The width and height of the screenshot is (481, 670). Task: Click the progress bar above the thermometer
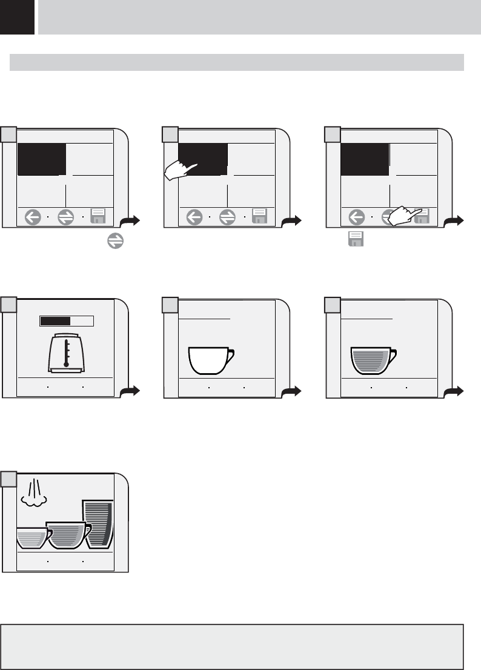tap(66, 321)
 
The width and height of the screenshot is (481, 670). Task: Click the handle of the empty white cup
tap(231, 355)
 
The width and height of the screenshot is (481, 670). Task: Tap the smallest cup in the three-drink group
tap(31, 537)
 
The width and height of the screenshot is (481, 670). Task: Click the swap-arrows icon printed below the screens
tap(116, 242)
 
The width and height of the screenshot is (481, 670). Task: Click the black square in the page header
tap(17, 17)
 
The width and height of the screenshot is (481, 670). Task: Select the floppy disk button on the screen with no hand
tap(98, 216)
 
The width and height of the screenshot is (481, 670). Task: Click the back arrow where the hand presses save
tap(357, 217)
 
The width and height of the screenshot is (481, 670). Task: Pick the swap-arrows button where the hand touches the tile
tap(228, 217)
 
